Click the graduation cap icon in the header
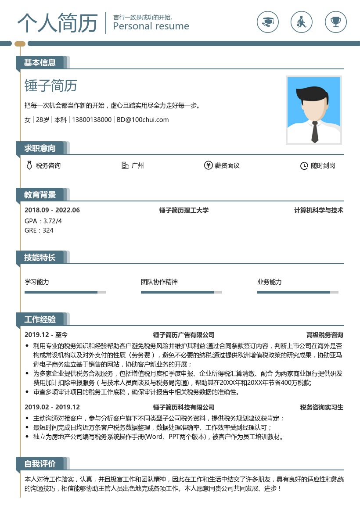267,21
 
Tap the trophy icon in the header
336,21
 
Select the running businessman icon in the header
302,21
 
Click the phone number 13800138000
92,120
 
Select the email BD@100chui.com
143,120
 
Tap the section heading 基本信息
40,63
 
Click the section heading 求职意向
40,148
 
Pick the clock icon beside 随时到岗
304,166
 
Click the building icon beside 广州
125,165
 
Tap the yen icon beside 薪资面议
208,165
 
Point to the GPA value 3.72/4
53,221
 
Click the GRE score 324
48,230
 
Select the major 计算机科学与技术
318,211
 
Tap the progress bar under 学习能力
65,292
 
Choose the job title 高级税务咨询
324,335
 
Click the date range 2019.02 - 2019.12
52,407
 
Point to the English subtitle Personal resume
151,26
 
